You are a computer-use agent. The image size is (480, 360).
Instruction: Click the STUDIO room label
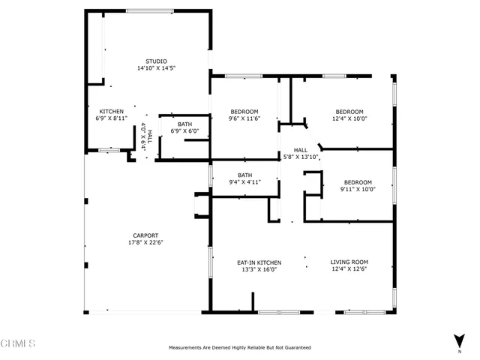tap(156, 61)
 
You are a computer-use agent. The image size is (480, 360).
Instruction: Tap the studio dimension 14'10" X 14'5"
tap(156, 68)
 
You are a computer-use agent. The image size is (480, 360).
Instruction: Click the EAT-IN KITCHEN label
tap(257, 262)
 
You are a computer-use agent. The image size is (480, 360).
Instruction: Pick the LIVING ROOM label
tap(349, 262)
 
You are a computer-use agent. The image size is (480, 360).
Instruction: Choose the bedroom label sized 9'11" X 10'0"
tap(358, 182)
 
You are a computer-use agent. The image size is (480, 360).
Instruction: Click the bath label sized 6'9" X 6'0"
tap(184, 124)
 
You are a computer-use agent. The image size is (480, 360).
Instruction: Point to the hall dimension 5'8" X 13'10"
tap(300, 157)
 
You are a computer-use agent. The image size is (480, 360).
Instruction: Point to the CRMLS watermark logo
tap(18, 344)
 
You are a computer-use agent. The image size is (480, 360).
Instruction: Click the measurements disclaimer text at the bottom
tap(239, 348)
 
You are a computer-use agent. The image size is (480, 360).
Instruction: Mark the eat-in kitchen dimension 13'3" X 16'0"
tap(257, 269)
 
